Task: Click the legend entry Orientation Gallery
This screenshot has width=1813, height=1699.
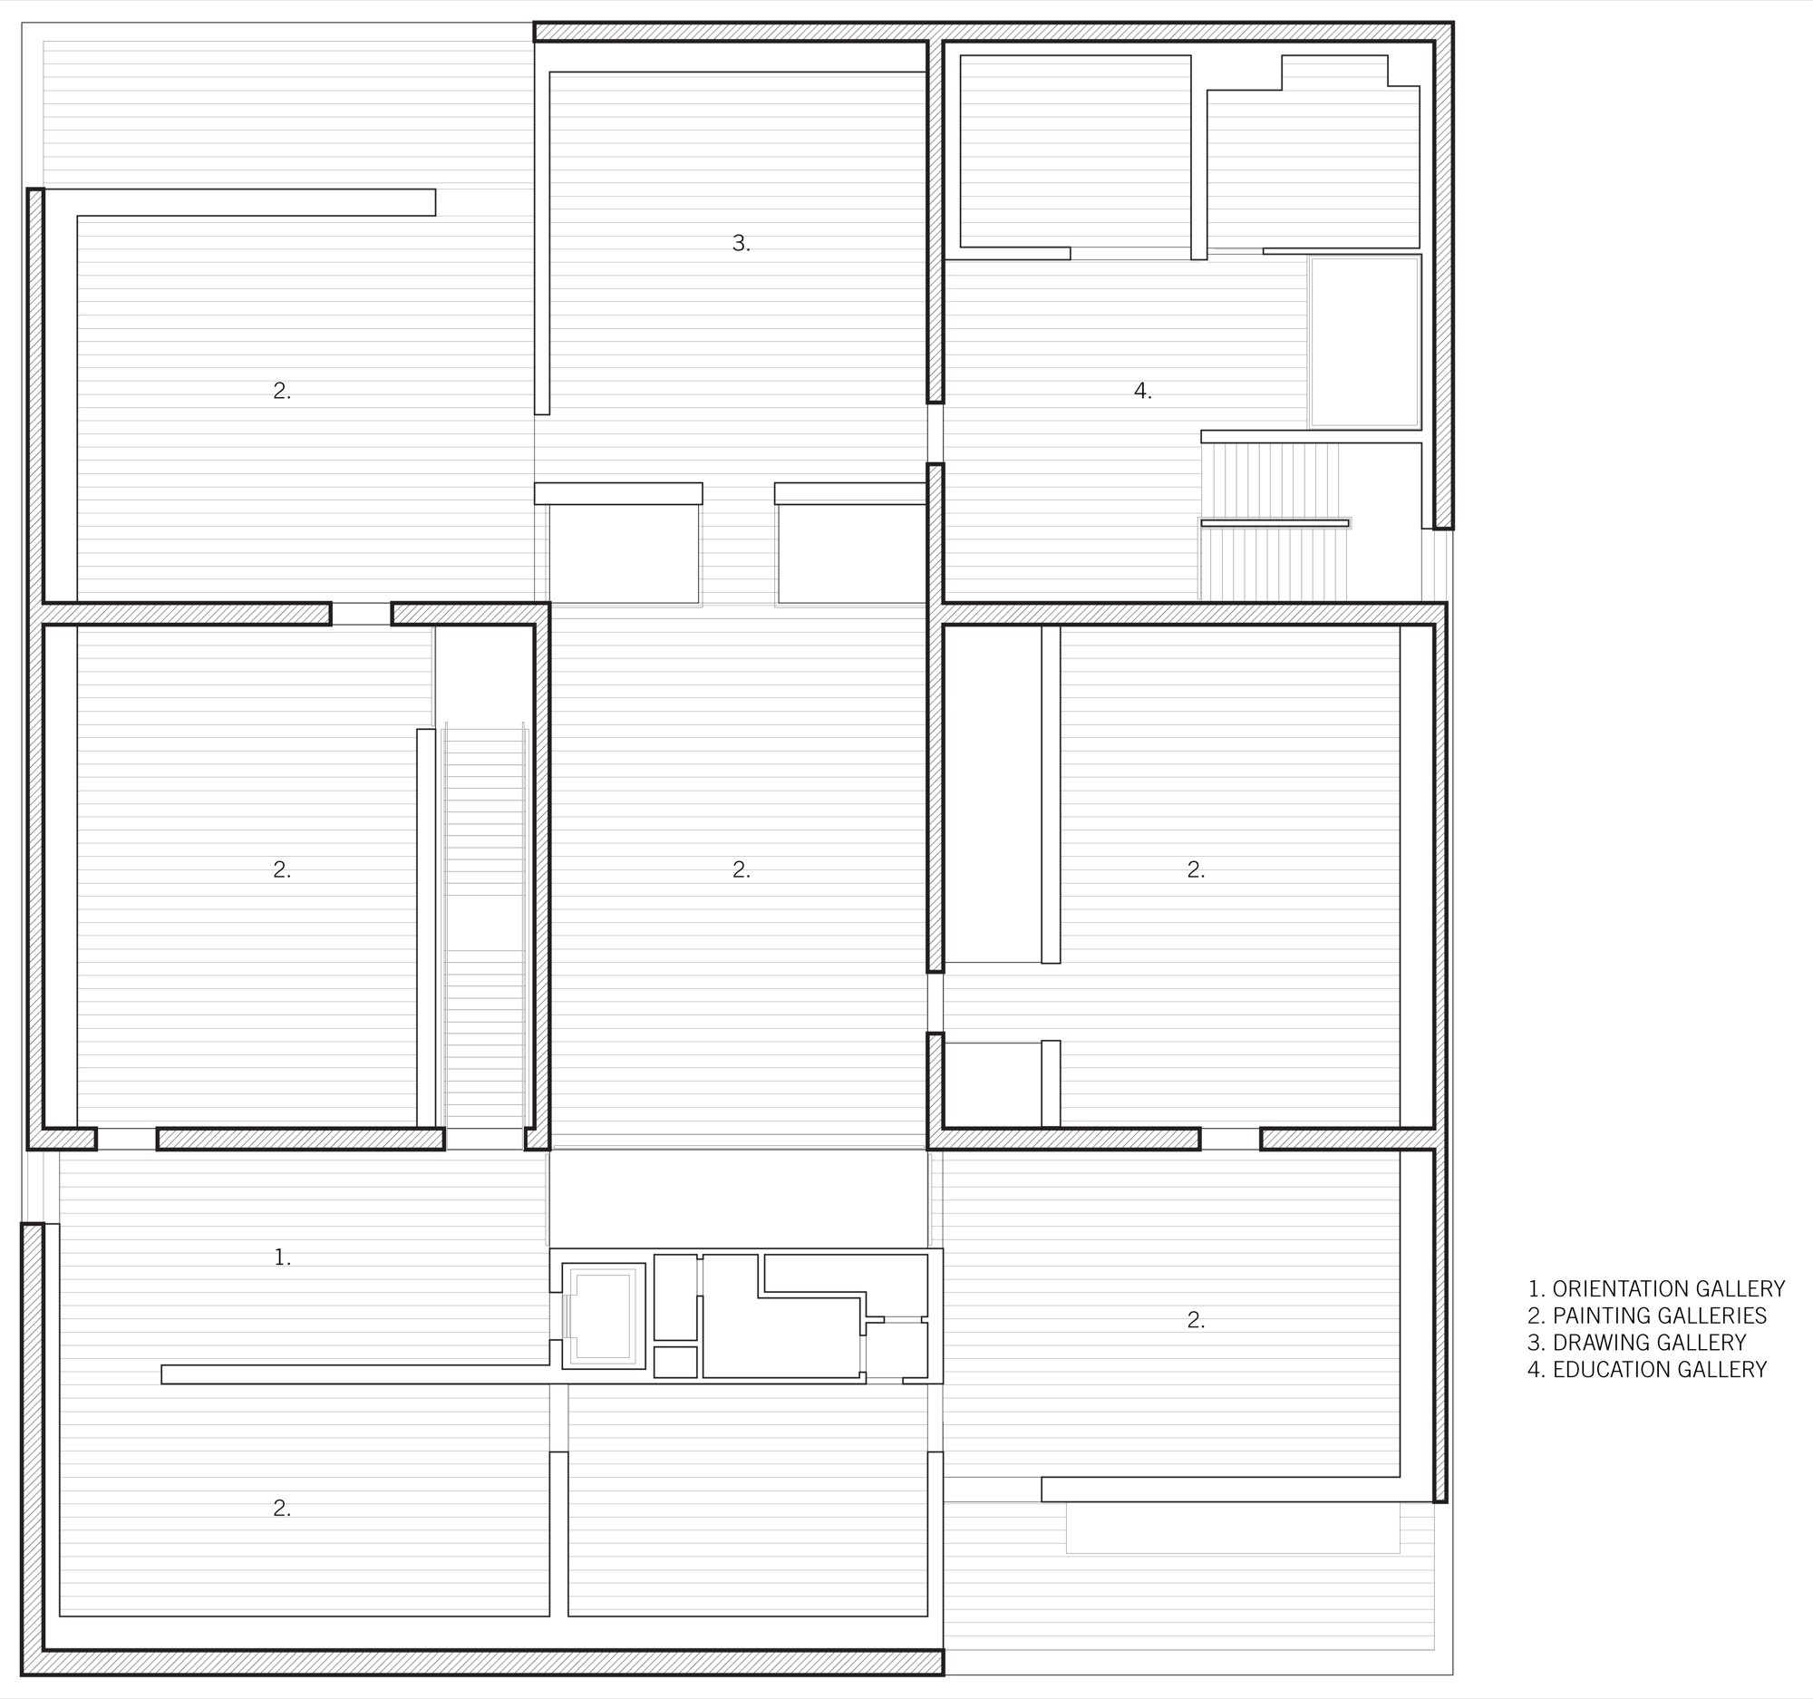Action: tap(1656, 1288)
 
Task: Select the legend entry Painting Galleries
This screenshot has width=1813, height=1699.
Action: tap(1647, 1316)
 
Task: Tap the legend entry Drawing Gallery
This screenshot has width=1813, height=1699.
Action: tap(1637, 1343)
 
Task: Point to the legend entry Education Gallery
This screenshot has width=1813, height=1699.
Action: tap(1647, 1369)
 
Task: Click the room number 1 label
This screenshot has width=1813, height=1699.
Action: tap(283, 1257)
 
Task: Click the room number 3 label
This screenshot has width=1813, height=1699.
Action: tap(742, 244)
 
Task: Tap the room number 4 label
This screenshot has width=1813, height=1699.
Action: tap(1143, 392)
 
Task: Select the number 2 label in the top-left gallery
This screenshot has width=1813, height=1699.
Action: tap(282, 392)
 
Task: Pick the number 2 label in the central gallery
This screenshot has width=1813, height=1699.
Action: tap(742, 871)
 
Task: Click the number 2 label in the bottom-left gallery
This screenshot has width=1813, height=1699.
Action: tap(282, 1510)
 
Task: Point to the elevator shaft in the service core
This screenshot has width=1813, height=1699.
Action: tap(603, 1316)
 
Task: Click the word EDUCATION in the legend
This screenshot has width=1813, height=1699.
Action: tap(1610, 1369)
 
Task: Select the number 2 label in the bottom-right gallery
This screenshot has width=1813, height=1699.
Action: tap(1196, 1321)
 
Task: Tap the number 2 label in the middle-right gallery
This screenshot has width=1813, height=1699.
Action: tap(1196, 871)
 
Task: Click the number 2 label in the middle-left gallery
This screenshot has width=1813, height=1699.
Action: tap(282, 871)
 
